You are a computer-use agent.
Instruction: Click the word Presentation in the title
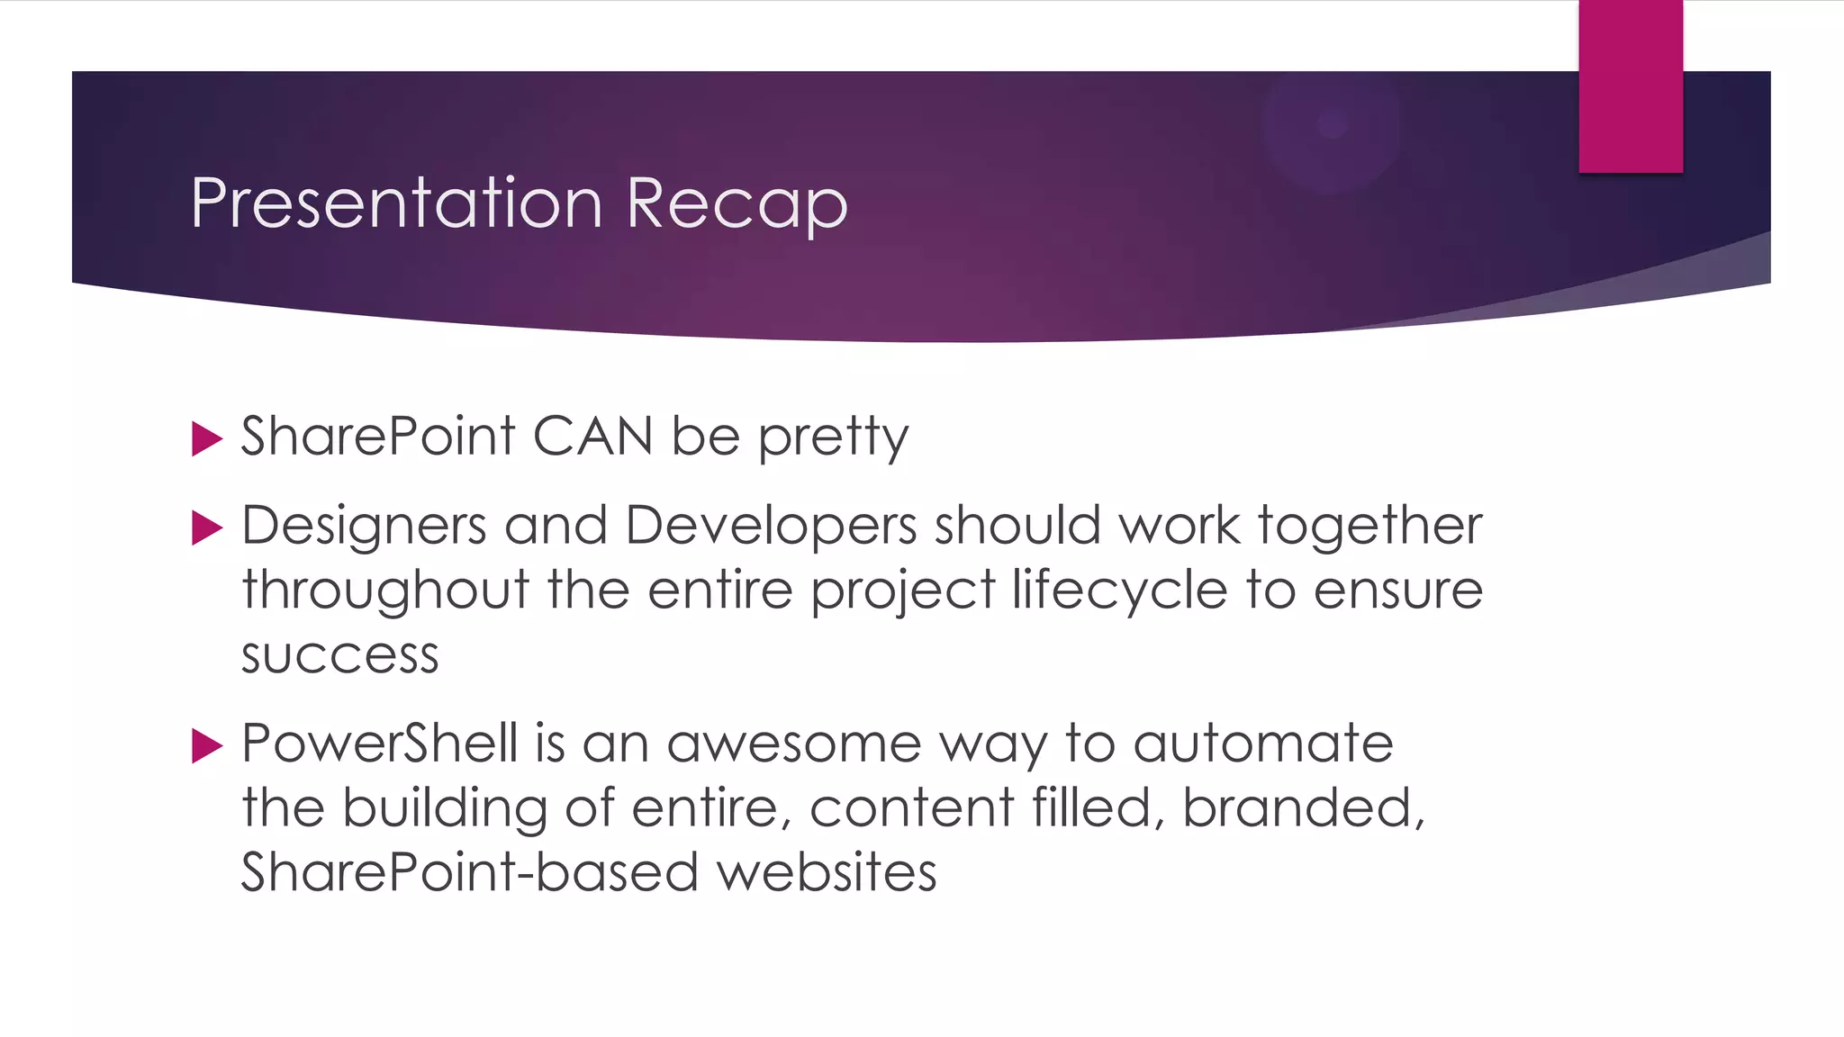396,203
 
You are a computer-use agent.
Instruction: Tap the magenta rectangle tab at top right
1630,86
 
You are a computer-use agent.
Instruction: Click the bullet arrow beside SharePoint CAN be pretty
207,439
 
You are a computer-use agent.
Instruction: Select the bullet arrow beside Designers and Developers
207,528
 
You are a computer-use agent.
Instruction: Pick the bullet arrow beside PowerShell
207,746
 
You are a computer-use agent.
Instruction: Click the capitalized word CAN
592,437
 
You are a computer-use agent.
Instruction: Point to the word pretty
833,438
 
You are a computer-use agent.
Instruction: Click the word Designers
364,526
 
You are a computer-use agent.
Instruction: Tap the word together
1369,526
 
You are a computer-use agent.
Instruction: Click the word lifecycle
1119,591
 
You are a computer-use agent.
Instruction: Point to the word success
339,655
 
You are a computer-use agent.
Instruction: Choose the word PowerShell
379,744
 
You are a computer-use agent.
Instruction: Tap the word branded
1302,807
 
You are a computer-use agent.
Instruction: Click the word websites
827,872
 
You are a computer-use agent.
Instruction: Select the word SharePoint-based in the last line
469,872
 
